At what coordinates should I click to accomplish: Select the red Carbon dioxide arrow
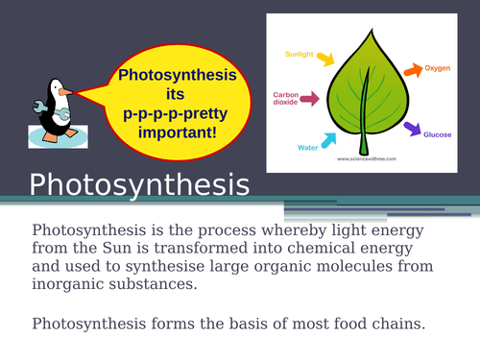[x=311, y=100]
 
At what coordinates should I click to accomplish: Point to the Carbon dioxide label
[x=287, y=100]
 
